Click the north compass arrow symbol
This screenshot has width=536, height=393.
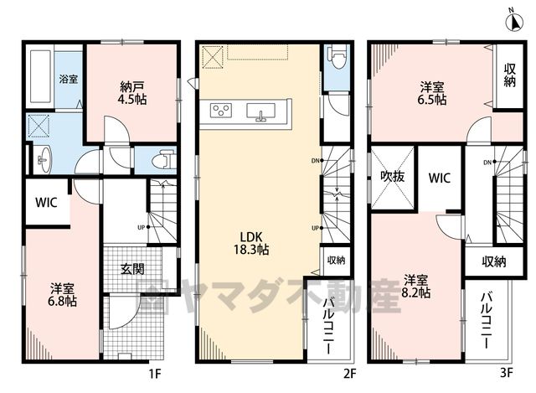tap(514, 22)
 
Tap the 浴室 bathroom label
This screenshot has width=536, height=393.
tap(68, 79)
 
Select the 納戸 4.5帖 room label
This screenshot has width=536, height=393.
tap(132, 93)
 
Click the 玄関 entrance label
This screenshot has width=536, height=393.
tap(132, 269)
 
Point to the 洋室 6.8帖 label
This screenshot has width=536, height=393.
tap(63, 295)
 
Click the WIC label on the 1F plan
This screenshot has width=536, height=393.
tap(46, 203)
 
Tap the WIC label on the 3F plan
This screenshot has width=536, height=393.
tap(439, 178)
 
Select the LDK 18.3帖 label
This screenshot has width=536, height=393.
tap(251, 243)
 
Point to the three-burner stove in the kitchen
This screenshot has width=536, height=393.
tap(221, 111)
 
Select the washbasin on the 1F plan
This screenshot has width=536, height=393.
tap(43, 159)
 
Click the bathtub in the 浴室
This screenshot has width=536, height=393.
tap(41, 76)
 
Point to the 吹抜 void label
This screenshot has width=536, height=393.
tap(393, 177)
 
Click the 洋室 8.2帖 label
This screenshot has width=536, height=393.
tap(415, 287)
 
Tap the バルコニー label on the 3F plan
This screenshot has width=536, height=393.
tap(487, 320)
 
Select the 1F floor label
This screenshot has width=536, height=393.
tap(154, 374)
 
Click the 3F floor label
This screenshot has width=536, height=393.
tap(506, 373)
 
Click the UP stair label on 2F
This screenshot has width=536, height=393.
tap(315, 228)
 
